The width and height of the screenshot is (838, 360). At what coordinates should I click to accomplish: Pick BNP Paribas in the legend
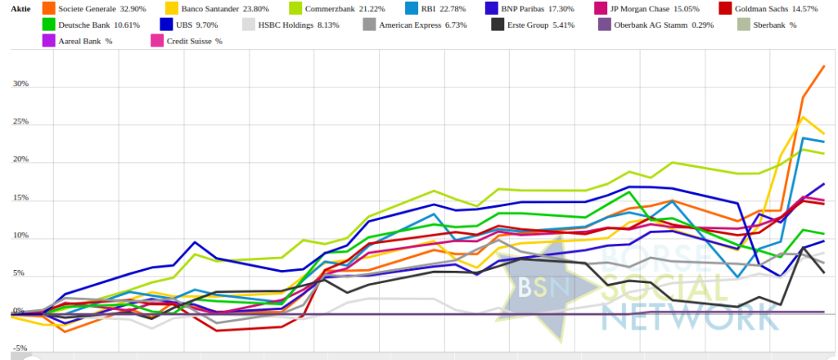pyautogui.click(x=545, y=9)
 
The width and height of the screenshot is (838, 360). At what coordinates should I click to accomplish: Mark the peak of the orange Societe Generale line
pyautogui.click(x=823, y=66)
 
